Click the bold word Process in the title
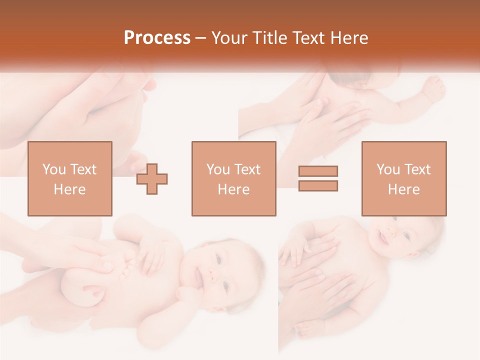pyautogui.click(x=157, y=38)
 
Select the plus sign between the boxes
pyautogui.click(x=152, y=178)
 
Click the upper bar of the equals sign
pyautogui.click(x=318, y=171)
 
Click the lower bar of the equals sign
pyautogui.click(x=318, y=186)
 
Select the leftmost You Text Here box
pyautogui.click(x=70, y=178)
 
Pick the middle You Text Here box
pyautogui.click(x=233, y=178)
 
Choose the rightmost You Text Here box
pyautogui.click(x=404, y=178)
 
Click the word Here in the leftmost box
pyautogui.click(x=70, y=189)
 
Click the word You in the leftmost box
pyautogui.click(x=54, y=169)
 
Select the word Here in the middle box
pyautogui.click(x=233, y=189)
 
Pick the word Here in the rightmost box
pyautogui.click(x=404, y=189)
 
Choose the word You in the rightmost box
pyautogui.click(x=388, y=169)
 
